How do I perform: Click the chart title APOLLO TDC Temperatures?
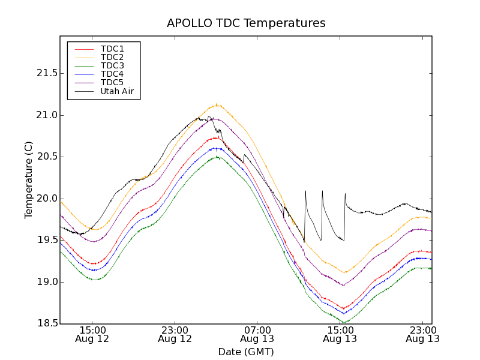[x=246, y=23]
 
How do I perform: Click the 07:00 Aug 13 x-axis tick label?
[x=257, y=334]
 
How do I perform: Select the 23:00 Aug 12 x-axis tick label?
[x=175, y=334]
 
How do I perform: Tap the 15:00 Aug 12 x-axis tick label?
[x=92, y=334]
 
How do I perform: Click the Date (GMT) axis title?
[x=246, y=352]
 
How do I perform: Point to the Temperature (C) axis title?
[x=29, y=180]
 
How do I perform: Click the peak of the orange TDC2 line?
[x=217, y=104]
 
